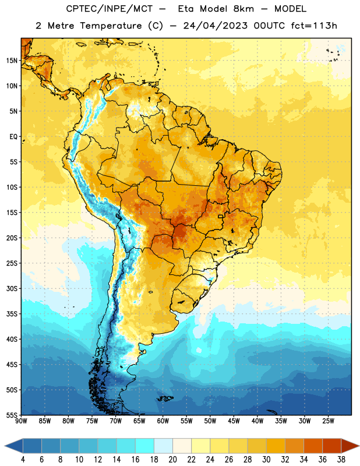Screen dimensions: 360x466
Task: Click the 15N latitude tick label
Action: pos(12,61)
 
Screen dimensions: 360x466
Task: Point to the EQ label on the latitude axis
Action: pos(13,137)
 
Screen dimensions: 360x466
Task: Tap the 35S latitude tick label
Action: pos(12,314)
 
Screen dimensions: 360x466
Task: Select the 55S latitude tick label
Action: pos(12,415)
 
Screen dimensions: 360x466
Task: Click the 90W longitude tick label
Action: pos(21,421)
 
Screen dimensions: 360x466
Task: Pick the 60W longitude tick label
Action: pos(163,421)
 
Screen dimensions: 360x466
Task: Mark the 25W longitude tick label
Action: pos(328,421)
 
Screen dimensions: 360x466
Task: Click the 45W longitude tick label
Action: pos(234,421)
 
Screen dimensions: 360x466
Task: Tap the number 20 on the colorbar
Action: pos(172,460)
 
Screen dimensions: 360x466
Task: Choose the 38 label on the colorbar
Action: pos(341,460)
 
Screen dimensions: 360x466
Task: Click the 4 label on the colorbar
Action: pos(23,460)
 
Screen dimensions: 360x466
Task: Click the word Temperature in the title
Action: pos(111,26)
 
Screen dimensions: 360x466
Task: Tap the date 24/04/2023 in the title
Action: pos(215,26)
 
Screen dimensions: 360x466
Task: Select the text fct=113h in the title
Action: pos(314,26)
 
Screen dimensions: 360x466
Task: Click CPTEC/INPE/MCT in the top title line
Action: pos(110,9)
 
